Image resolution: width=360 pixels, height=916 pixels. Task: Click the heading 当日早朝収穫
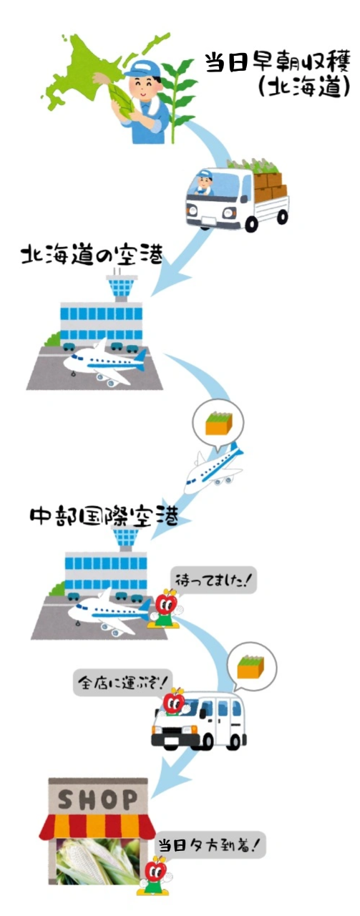pos(278,62)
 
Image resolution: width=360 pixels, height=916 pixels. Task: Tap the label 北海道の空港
pos(92,255)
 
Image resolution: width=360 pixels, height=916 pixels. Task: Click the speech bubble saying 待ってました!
pos(213,580)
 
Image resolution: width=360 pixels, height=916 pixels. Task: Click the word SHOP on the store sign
pos(98,799)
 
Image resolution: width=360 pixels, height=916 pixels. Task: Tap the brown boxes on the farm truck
pos(270,186)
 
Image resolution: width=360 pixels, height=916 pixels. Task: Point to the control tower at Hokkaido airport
pos(121,285)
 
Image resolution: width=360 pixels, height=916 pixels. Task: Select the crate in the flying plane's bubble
pos(219,424)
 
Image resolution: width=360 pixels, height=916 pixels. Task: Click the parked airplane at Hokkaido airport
pos(104,364)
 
